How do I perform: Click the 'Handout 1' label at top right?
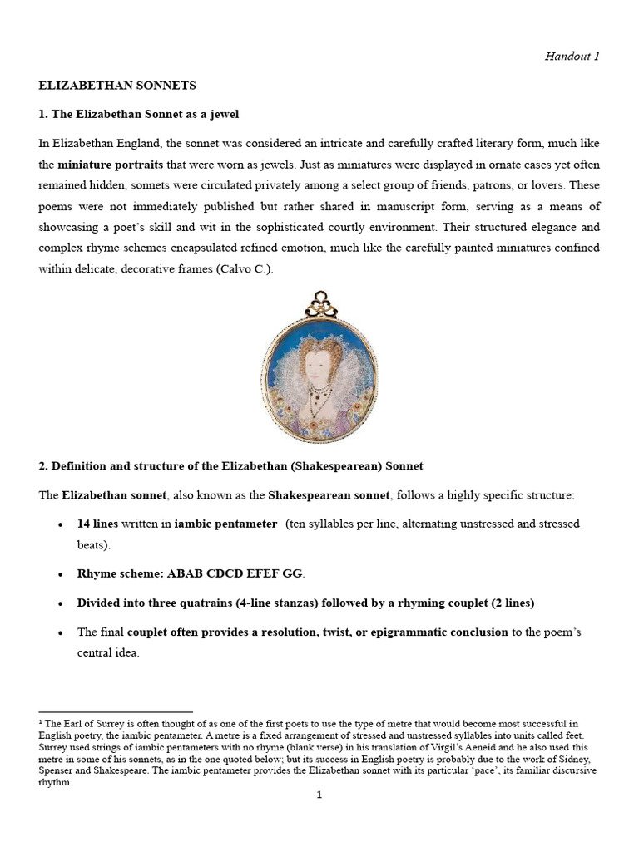click(571, 57)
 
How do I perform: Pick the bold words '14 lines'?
click(97, 524)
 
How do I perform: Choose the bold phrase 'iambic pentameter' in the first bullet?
click(225, 524)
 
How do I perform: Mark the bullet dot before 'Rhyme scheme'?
click(61, 574)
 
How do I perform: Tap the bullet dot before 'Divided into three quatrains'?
click(61, 603)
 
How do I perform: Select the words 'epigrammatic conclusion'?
click(438, 632)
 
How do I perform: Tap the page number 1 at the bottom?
click(319, 794)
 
